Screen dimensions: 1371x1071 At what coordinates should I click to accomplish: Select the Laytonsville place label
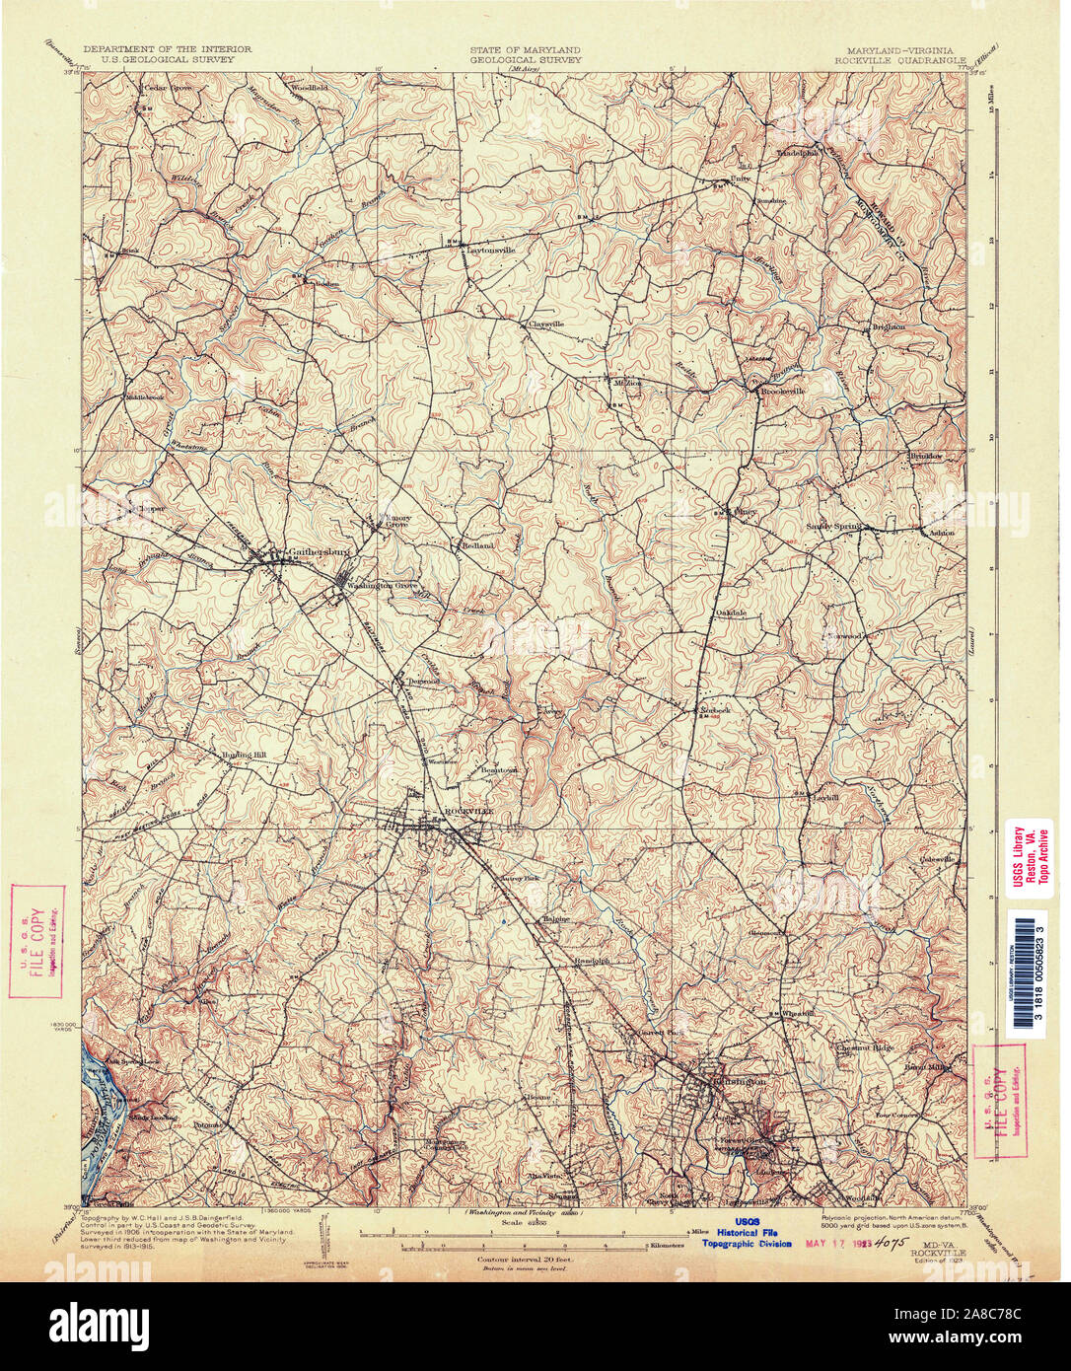click(489, 251)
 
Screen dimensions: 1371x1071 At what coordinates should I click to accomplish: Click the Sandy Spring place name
click(833, 527)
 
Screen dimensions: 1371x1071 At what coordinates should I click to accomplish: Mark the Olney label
click(748, 512)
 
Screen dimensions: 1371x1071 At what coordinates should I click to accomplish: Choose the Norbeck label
click(714, 709)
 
